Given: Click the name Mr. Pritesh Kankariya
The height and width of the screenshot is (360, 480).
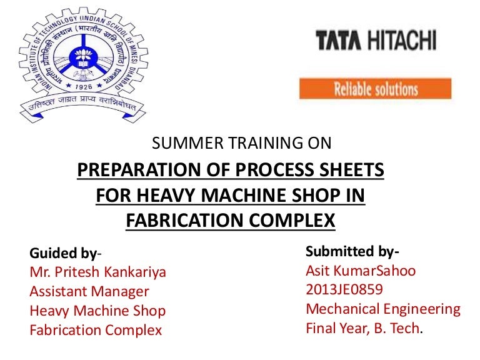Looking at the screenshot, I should [x=98, y=272].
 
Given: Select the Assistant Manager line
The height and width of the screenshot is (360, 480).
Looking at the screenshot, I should [x=89, y=291].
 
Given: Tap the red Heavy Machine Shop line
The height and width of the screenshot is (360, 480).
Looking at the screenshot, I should [x=98, y=310].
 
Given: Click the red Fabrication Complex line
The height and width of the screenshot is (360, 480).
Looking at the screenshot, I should [x=96, y=329].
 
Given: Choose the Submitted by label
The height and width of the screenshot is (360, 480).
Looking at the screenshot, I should [x=352, y=252].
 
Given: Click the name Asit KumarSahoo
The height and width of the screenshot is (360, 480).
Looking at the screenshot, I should [x=361, y=271].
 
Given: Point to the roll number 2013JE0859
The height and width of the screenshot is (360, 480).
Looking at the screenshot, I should [x=344, y=289].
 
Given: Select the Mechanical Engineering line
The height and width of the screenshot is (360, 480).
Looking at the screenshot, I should [x=382, y=308].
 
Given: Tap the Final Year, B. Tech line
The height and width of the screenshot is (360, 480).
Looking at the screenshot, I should [x=363, y=327].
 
